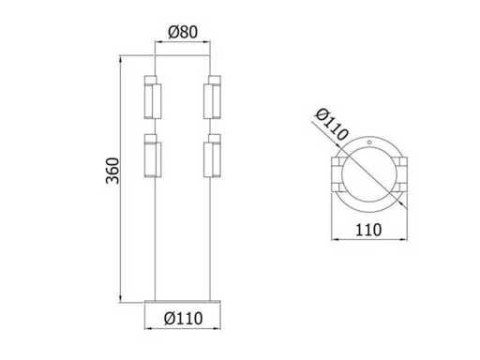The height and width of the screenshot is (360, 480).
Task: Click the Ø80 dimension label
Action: (183, 32)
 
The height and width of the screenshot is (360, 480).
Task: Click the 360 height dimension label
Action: (112, 171)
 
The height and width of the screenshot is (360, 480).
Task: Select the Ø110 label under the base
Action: (184, 319)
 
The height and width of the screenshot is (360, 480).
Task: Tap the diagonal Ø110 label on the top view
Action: (332, 125)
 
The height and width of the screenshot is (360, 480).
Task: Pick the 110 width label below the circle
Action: (368, 231)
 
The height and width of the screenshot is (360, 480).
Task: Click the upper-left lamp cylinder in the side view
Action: (153, 97)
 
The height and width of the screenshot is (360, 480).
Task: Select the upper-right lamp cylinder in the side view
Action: (212, 97)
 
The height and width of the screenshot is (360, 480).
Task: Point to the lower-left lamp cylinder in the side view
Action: (153, 156)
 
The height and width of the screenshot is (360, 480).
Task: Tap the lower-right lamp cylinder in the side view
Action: (212, 156)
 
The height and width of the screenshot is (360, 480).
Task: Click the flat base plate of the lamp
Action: (183, 302)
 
